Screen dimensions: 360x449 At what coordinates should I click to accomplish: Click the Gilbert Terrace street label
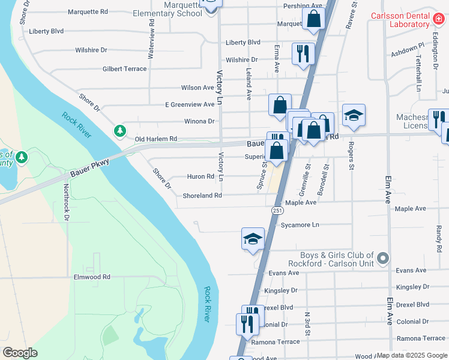[x=124, y=69]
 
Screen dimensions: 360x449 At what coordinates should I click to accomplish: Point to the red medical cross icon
[x=439, y=20]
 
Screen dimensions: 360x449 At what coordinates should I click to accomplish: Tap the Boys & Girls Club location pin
[x=384, y=259]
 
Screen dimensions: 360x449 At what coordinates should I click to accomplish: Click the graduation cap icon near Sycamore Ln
[x=253, y=239]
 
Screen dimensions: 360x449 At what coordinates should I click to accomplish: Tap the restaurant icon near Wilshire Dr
[x=303, y=53]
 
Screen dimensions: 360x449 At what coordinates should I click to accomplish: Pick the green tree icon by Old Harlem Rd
[x=120, y=130]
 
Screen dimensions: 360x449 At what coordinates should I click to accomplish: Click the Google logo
[x=20, y=353]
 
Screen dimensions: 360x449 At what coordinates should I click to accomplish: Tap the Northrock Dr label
[x=65, y=202]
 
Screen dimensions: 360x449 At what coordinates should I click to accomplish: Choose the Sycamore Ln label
[x=300, y=225]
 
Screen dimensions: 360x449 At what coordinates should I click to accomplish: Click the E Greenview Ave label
[x=190, y=104]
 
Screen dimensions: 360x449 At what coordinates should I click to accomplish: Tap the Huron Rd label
[x=201, y=176]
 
